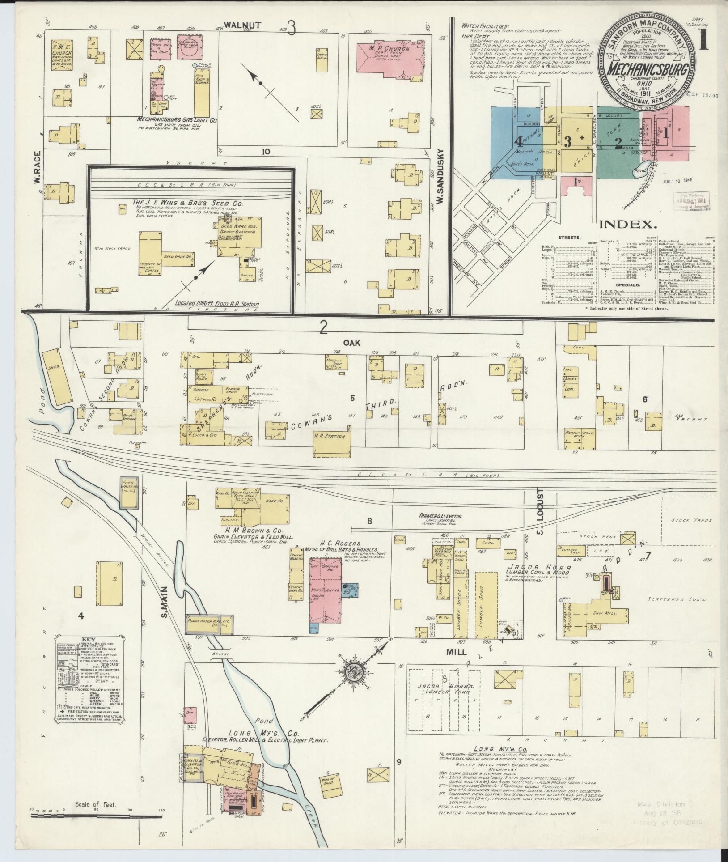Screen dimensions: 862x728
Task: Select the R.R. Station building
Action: (332, 437)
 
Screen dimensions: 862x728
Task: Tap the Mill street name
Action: (456, 665)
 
